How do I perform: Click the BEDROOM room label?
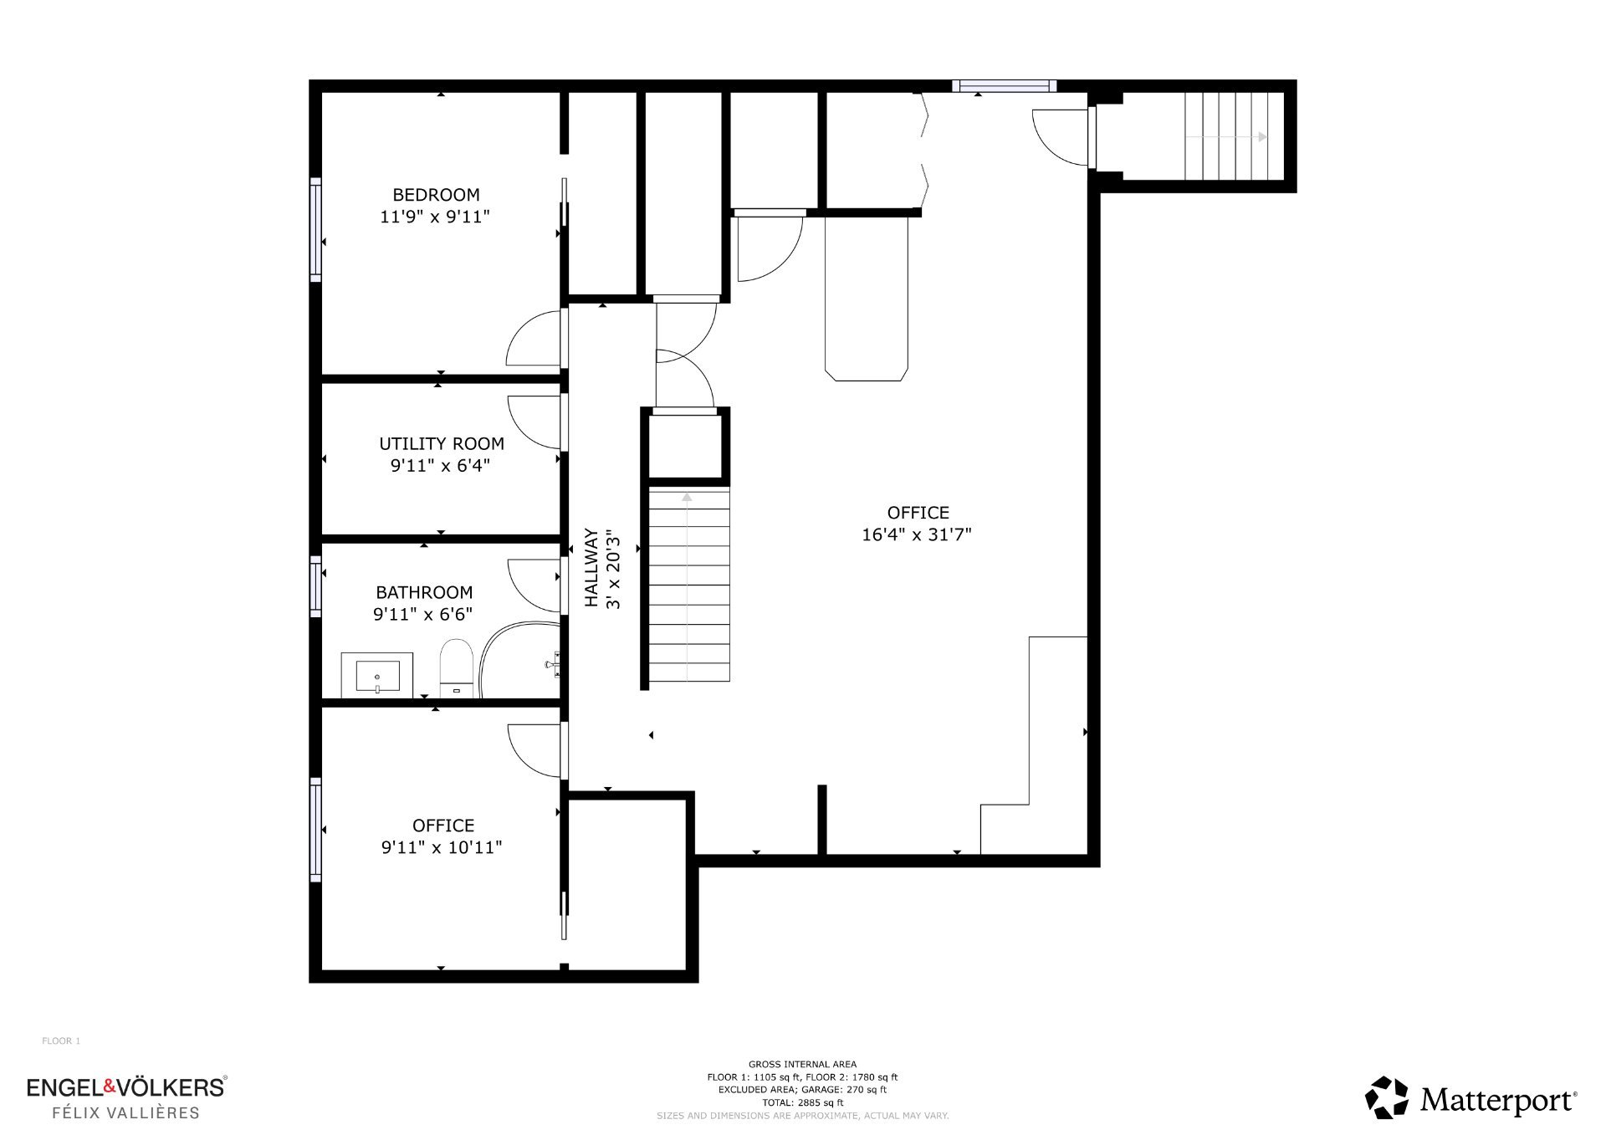tap(436, 195)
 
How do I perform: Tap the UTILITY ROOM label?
tap(442, 444)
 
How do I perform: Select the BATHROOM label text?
tap(424, 592)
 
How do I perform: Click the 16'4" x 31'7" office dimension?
tap(917, 534)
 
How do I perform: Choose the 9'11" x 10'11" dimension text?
tap(442, 847)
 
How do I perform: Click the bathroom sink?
tap(377, 675)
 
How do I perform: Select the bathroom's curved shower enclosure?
tap(519, 659)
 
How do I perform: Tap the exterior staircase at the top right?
tap(1234, 136)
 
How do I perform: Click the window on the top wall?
tap(1005, 85)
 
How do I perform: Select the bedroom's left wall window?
tap(315, 230)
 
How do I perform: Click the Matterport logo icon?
tap(1387, 1097)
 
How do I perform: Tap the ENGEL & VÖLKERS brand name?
tap(126, 1086)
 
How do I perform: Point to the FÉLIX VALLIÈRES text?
tap(126, 1112)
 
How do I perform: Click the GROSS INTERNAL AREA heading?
tap(802, 1065)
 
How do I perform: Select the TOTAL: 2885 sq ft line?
tap(802, 1102)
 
